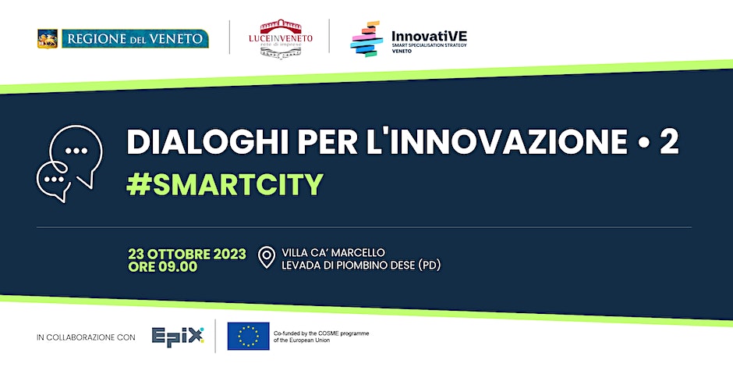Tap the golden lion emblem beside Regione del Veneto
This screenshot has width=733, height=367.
point(48,38)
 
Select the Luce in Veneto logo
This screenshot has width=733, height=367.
point(279,37)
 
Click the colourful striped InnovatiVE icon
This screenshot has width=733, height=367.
point(366,38)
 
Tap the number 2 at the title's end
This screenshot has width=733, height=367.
point(668,143)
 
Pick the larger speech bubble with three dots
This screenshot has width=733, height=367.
point(76,151)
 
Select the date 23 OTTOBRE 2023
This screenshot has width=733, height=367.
point(187,254)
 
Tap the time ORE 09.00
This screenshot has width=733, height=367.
point(163,267)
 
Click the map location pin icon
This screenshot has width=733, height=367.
point(267,258)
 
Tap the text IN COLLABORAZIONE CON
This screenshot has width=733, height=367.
point(86,337)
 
